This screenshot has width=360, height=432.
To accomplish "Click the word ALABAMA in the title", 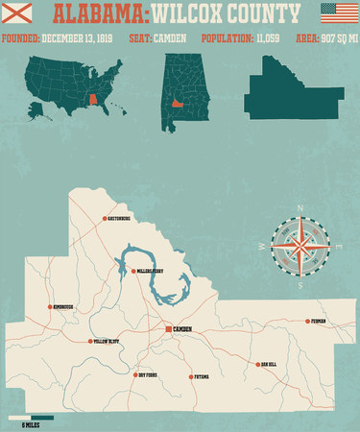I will pos(98,14).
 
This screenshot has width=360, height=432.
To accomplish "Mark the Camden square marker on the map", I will pos(168,329).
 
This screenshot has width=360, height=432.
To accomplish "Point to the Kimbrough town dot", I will pos(50,307).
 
